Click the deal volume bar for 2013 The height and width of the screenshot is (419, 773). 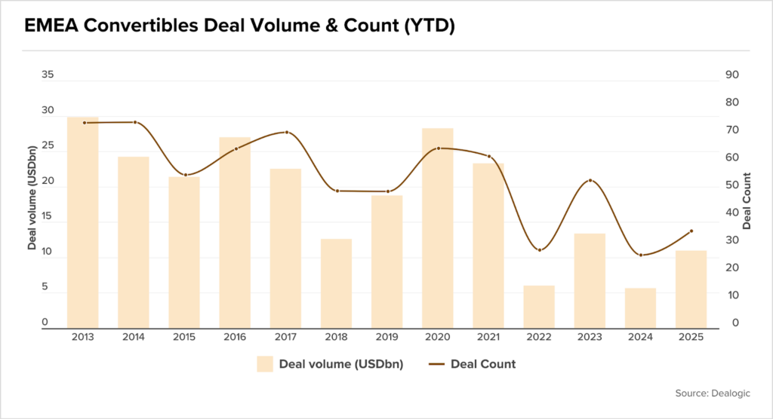(83, 223)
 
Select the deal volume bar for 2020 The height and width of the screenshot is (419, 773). (438, 228)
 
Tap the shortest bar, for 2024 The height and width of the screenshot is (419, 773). (641, 308)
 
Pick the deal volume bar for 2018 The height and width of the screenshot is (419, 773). (337, 283)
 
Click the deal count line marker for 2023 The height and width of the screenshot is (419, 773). (590, 181)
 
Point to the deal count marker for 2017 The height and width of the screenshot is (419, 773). (286, 133)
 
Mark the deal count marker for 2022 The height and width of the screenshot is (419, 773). (540, 249)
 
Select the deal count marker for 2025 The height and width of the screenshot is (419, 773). (691, 231)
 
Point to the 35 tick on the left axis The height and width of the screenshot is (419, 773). (48, 75)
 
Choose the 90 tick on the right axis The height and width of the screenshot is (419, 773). (731, 75)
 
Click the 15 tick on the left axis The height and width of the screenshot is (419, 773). (48, 216)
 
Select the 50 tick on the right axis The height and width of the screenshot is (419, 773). (731, 185)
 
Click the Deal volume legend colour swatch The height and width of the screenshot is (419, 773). (264, 364)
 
